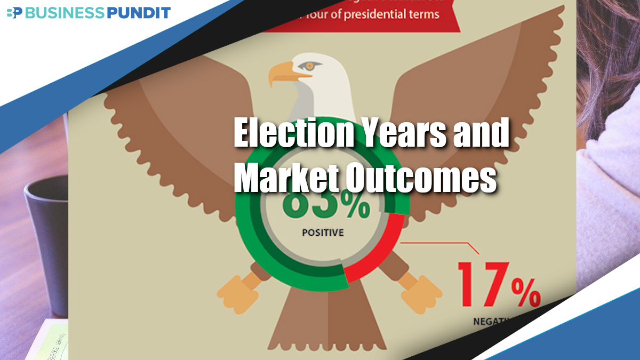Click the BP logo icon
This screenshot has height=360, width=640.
point(14,13)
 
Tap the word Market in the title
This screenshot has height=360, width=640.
point(285,179)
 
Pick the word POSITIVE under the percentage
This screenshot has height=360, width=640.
point(323,233)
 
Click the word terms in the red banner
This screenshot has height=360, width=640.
point(423,13)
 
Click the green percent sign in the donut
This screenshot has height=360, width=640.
point(355,209)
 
